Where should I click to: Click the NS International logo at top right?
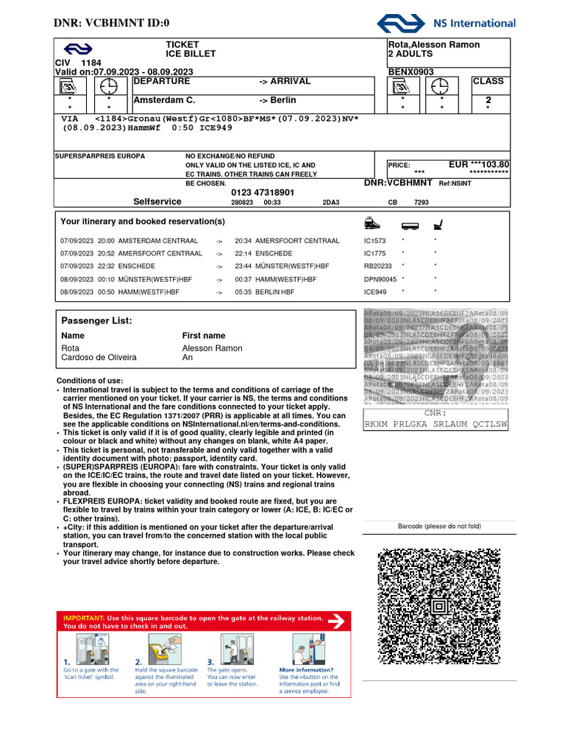446,24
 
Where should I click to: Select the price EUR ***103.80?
479,165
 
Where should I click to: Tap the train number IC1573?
374,241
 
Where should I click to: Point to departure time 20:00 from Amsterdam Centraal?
106,241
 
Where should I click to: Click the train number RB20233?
378,267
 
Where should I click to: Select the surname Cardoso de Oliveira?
99,358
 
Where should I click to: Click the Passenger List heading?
96,321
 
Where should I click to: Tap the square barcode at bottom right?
439,605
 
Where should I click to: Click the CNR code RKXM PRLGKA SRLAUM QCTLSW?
436,424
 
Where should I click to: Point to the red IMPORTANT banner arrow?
335,621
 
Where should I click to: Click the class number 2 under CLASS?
488,100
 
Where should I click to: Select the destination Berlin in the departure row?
283,100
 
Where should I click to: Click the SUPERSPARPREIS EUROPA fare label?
101,156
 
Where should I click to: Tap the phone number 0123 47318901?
263,192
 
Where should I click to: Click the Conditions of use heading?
90,381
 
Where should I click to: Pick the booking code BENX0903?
411,72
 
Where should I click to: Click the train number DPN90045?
380,279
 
